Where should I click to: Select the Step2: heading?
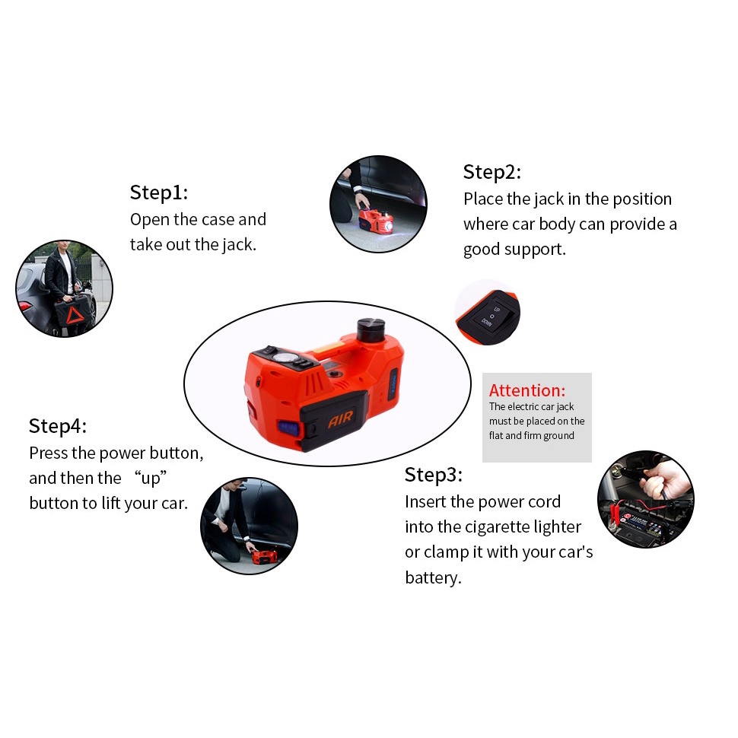point(492,172)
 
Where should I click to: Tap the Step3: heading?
point(434,476)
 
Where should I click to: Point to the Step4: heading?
point(58,426)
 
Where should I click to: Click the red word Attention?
point(527,390)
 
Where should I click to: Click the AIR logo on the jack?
point(340,418)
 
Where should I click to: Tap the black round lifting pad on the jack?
point(371,329)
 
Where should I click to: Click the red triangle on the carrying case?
point(75,315)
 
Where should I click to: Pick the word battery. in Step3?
point(433,578)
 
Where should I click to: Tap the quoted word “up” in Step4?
point(151,479)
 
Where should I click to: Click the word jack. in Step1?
point(239,245)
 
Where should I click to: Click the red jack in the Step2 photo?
point(377,221)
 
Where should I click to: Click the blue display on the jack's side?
point(288,428)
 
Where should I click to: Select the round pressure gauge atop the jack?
point(285,358)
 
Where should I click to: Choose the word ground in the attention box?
point(558,436)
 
